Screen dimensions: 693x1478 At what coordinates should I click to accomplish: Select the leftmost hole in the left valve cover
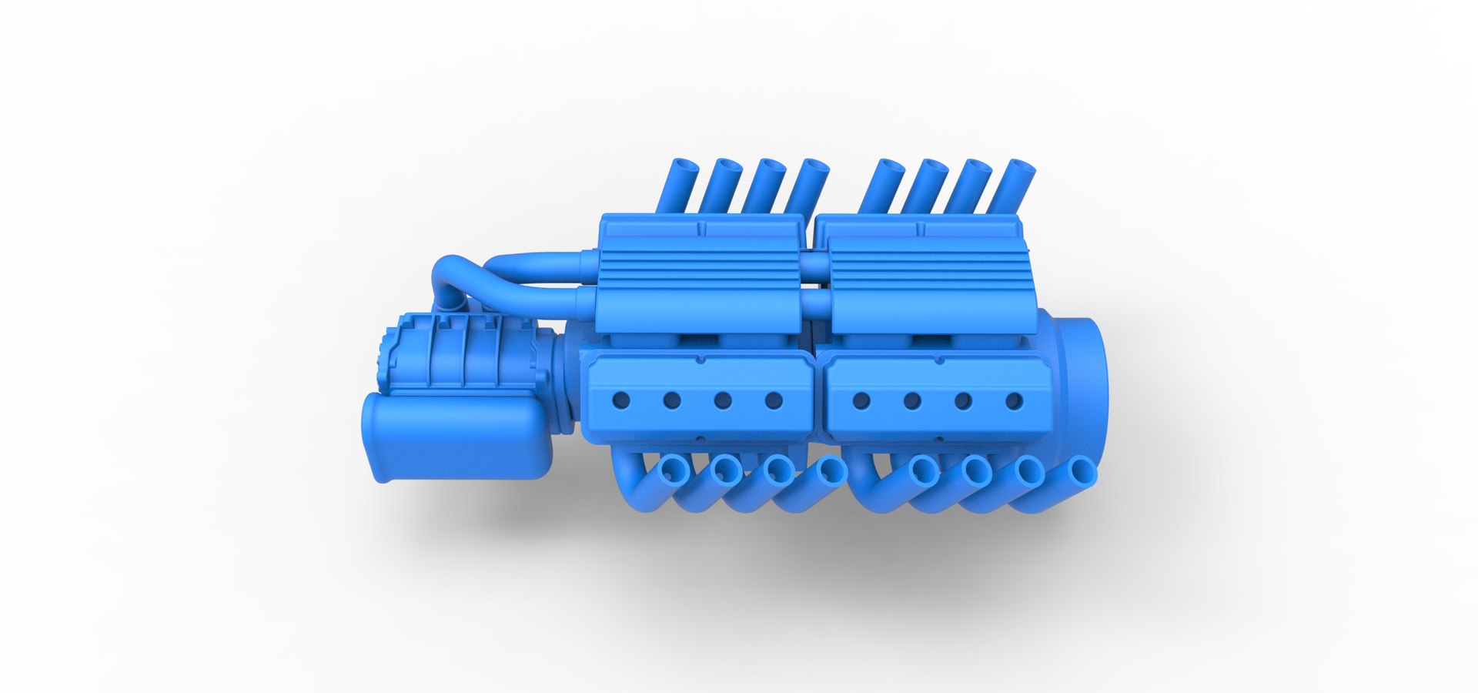pos(620,400)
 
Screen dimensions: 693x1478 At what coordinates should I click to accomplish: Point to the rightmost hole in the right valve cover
pos(1015,400)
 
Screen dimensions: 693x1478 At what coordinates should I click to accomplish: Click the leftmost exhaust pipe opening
pos(675,469)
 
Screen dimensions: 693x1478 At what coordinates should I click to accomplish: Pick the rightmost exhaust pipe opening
pos(1082,470)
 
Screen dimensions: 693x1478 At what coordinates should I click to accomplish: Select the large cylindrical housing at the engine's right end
pos(1078,385)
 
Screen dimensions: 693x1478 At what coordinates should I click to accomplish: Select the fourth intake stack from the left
pos(808,185)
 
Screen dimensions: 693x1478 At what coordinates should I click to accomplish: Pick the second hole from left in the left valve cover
pos(671,400)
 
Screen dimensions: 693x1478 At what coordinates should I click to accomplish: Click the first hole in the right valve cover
pos(861,400)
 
